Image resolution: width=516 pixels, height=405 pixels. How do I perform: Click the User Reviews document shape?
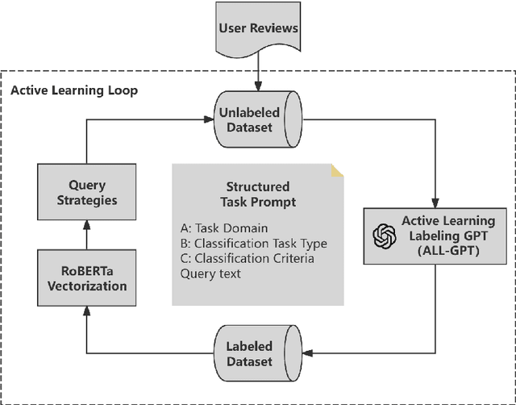[x=257, y=30]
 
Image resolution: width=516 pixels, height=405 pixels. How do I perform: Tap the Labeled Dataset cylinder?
[x=257, y=353]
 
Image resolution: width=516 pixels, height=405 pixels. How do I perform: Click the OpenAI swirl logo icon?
[x=384, y=236]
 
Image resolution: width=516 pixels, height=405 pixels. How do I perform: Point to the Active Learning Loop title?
[x=73, y=90]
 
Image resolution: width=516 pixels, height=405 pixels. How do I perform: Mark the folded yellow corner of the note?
[x=337, y=170]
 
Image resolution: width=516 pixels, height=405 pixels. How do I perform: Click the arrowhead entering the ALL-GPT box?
[x=435, y=202]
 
